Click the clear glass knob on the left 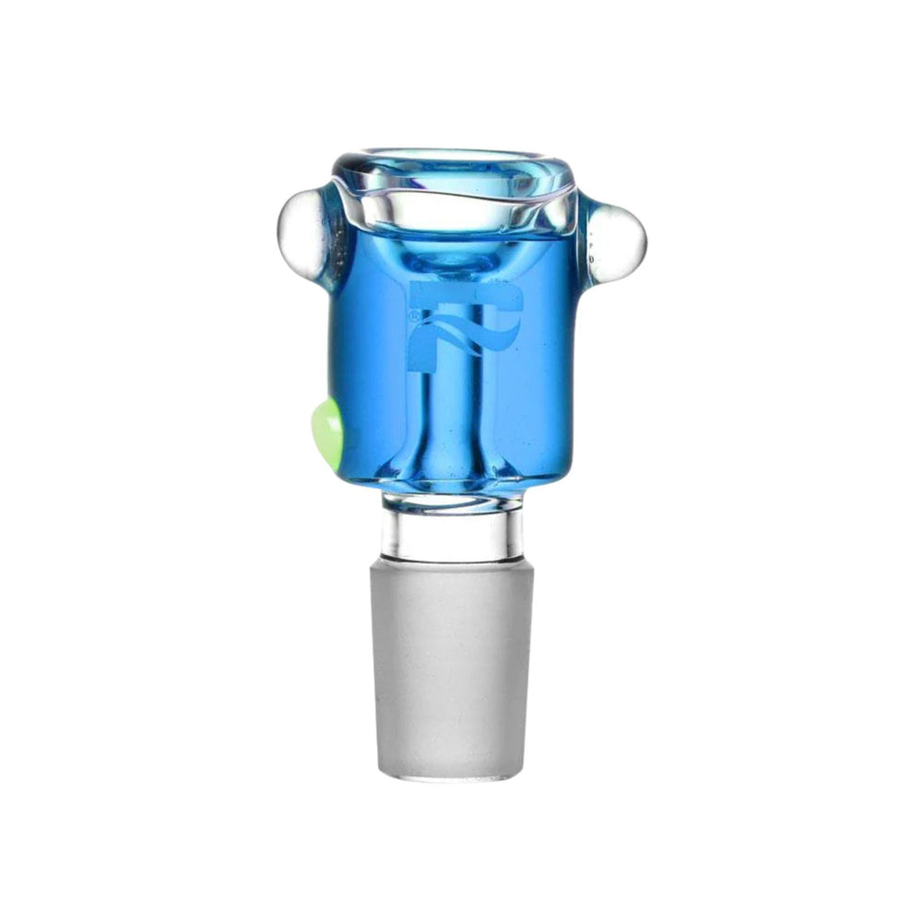[x=301, y=230]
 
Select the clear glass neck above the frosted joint [x=452, y=535]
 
